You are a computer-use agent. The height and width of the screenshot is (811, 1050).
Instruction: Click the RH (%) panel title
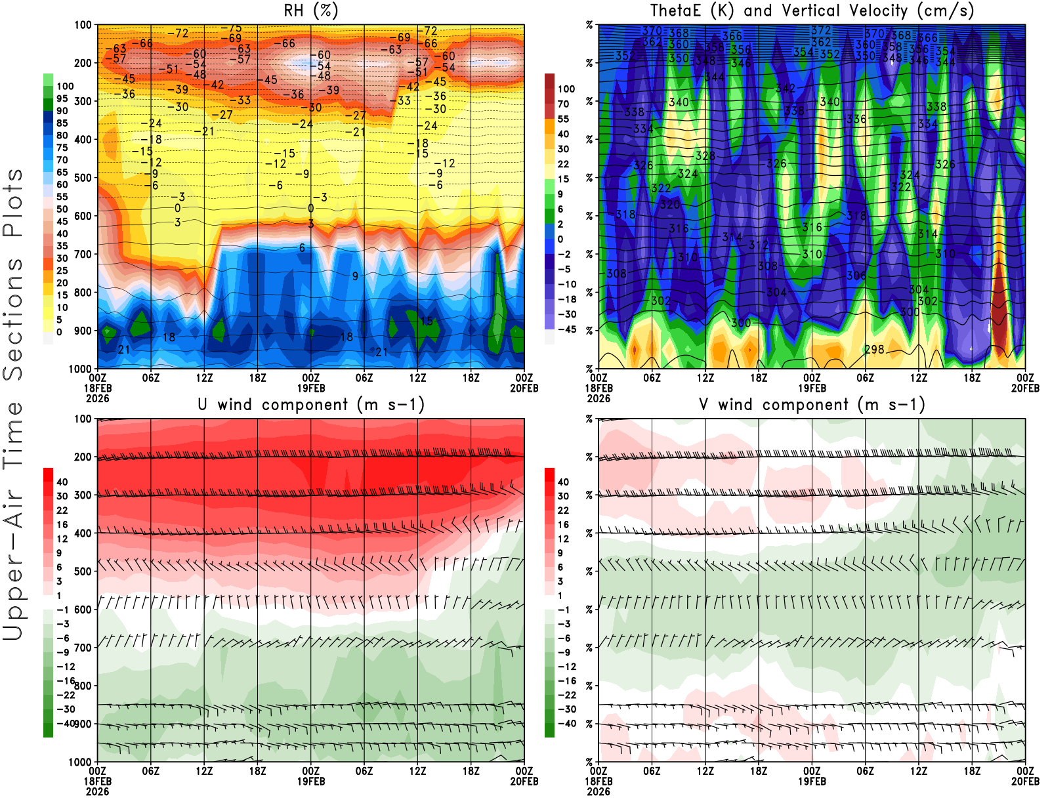pos(310,11)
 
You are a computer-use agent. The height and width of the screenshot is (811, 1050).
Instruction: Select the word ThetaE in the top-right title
pos(676,11)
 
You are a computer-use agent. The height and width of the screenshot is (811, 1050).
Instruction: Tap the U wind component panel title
pos(311,405)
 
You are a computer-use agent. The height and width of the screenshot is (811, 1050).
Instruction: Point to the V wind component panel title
pos(812,405)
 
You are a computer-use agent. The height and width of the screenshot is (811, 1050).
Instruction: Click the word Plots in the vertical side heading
pos(13,203)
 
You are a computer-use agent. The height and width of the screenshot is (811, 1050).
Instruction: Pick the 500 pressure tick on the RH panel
pos(83,178)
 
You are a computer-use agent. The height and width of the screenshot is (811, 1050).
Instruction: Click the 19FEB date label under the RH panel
pos(311,388)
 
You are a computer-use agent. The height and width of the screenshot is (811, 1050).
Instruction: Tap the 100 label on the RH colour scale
pos(65,87)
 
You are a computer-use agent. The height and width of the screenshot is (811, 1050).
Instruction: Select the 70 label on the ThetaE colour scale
pos(563,104)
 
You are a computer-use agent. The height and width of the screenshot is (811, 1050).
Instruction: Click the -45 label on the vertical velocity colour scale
pos(567,329)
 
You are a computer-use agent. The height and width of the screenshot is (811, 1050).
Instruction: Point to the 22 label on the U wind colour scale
pos(62,510)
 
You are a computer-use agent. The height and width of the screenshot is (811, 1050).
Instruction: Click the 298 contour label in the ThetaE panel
pos(874,350)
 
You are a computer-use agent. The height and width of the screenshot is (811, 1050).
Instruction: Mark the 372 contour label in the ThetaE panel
pos(821,31)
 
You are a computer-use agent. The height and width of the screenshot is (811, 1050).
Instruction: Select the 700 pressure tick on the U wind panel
pos(83,648)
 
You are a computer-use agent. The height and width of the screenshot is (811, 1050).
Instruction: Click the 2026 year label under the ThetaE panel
pos(598,792)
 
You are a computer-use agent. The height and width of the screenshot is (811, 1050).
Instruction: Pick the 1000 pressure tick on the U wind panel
pos(81,762)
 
